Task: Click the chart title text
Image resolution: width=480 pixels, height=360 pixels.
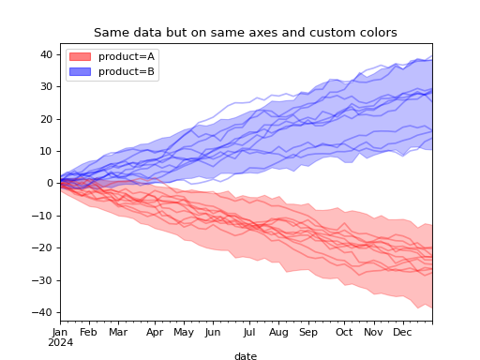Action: (x=245, y=33)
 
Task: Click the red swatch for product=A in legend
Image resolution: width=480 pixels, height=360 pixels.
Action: (x=81, y=56)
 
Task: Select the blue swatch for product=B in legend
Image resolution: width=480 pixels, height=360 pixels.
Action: (x=81, y=71)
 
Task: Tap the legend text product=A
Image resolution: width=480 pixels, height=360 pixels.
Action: (x=127, y=56)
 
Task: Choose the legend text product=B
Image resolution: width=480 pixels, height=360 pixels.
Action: (x=127, y=71)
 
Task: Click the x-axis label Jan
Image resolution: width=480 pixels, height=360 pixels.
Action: (x=60, y=332)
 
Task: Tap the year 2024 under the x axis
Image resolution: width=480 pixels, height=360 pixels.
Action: (x=60, y=342)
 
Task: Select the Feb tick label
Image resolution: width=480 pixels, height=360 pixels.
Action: (x=89, y=332)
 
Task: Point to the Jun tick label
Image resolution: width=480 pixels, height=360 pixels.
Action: (x=213, y=332)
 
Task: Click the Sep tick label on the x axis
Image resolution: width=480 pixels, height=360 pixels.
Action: (x=307, y=332)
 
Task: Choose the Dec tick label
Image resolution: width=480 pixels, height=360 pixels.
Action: (x=402, y=332)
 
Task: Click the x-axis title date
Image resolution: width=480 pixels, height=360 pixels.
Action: (x=245, y=356)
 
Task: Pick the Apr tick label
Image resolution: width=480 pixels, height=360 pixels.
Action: (x=154, y=332)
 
